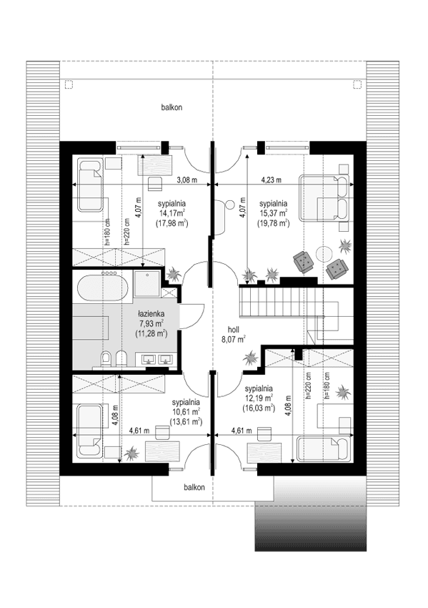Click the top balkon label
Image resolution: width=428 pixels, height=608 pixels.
click(171, 107)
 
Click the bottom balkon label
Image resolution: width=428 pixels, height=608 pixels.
click(192, 487)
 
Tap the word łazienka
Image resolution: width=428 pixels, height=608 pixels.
click(152, 313)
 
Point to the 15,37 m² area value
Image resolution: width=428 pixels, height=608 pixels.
click(274, 213)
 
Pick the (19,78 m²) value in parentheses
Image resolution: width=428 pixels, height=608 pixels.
click(274, 223)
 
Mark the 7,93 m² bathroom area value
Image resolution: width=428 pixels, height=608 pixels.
click(152, 323)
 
